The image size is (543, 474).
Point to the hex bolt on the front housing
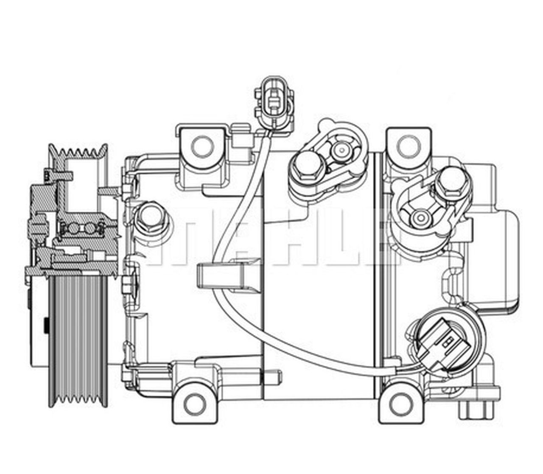[151, 215]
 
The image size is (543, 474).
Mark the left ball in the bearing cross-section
[73, 229]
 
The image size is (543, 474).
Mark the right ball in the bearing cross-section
[90, 229]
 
